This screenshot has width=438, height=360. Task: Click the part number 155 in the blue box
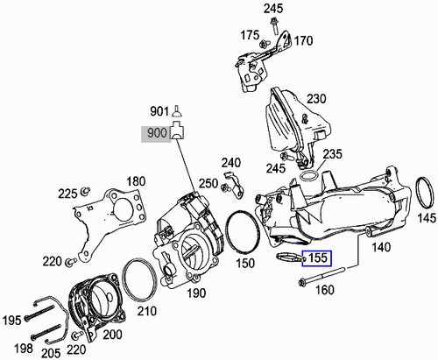315,258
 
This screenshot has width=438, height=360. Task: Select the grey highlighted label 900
154,134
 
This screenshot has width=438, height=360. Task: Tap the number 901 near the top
159,111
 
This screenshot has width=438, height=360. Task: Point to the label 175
250,36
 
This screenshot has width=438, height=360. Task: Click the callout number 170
302,40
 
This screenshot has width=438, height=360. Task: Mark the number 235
331,154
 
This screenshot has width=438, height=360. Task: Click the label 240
230,163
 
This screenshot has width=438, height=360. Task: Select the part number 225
67,194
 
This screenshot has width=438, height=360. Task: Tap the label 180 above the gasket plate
136,181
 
